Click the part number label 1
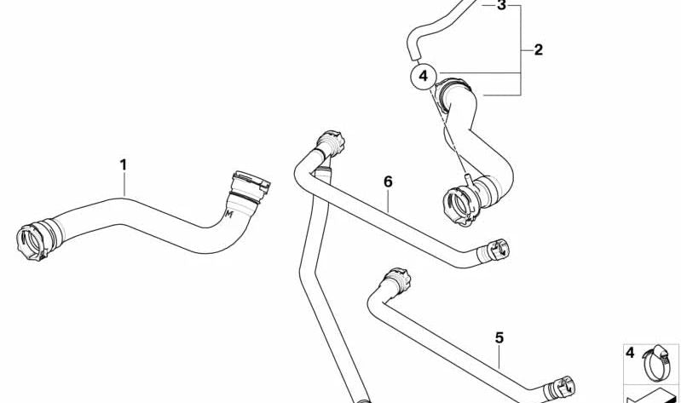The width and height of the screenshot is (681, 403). pos(124,165)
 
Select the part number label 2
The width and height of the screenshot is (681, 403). pos(539,50)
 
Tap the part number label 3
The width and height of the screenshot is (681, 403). pos(502,6)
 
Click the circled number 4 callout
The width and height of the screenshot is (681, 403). pos(424,77)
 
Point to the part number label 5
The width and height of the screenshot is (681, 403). pos(499,338)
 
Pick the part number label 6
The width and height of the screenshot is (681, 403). pos(388,181)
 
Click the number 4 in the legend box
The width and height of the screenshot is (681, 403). pos(630,353)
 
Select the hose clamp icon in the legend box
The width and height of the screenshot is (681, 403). pos(656,363)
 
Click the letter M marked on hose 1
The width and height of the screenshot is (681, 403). pos(229,214)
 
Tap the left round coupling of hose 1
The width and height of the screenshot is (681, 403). pos(32,242)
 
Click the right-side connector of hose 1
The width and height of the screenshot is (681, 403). pos(250,187)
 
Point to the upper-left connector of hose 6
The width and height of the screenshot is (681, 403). pos(331,143)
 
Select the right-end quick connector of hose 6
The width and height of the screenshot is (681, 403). pos(496,250)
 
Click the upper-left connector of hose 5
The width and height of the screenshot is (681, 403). pos(397,281)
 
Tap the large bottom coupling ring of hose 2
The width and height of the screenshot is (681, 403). pos(462,205)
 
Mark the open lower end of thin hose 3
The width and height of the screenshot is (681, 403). pos(415,55)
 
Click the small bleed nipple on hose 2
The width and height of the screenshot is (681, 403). pos(469,180)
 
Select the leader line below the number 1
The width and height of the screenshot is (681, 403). pos(124,185)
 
